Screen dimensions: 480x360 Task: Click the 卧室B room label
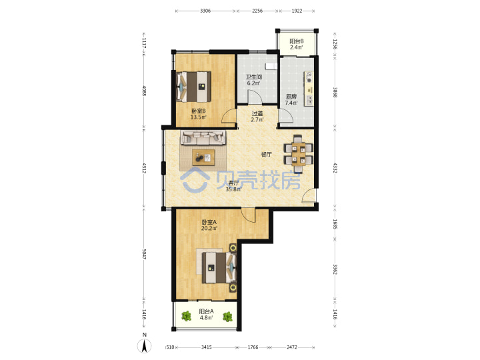[x=199, y=111]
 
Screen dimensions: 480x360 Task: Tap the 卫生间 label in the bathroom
[x=254, y=77]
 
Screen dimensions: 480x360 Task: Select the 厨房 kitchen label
[x=291, y=97]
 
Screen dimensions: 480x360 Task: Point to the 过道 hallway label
[x=257, y=113]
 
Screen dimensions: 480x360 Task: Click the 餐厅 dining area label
[x=266, y=154]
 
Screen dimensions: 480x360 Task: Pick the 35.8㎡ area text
[x=233, y=189]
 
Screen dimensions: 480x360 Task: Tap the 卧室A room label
[x=209, y=222]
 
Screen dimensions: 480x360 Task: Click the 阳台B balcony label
[x=297, y=41]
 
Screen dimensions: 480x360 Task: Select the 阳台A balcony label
[x=206, y=311]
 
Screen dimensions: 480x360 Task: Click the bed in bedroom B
[x=194, y=87]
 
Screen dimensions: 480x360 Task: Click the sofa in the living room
[x=203, y=137]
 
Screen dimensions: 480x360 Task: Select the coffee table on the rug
[x=203, y=157]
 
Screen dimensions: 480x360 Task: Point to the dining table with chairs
[x=299, y=154]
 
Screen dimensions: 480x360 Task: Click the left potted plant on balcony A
[x=186, y=316]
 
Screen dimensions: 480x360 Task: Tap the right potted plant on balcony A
[x=227, y=317]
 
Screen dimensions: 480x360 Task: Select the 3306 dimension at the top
[x=205, y=11]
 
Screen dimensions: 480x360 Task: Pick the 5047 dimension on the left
[x=144, y=254]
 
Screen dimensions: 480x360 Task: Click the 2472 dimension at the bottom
[x=292, y=347]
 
